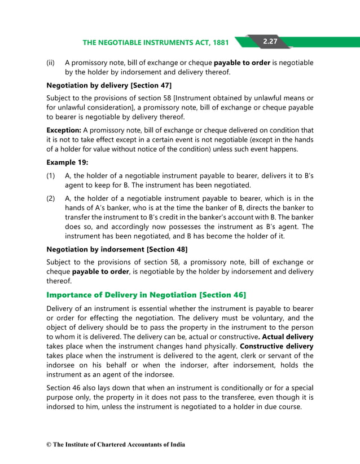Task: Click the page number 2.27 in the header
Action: (x=269, y=41)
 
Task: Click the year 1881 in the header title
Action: (x=219, y=42)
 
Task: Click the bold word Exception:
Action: (x=63, y=130)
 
